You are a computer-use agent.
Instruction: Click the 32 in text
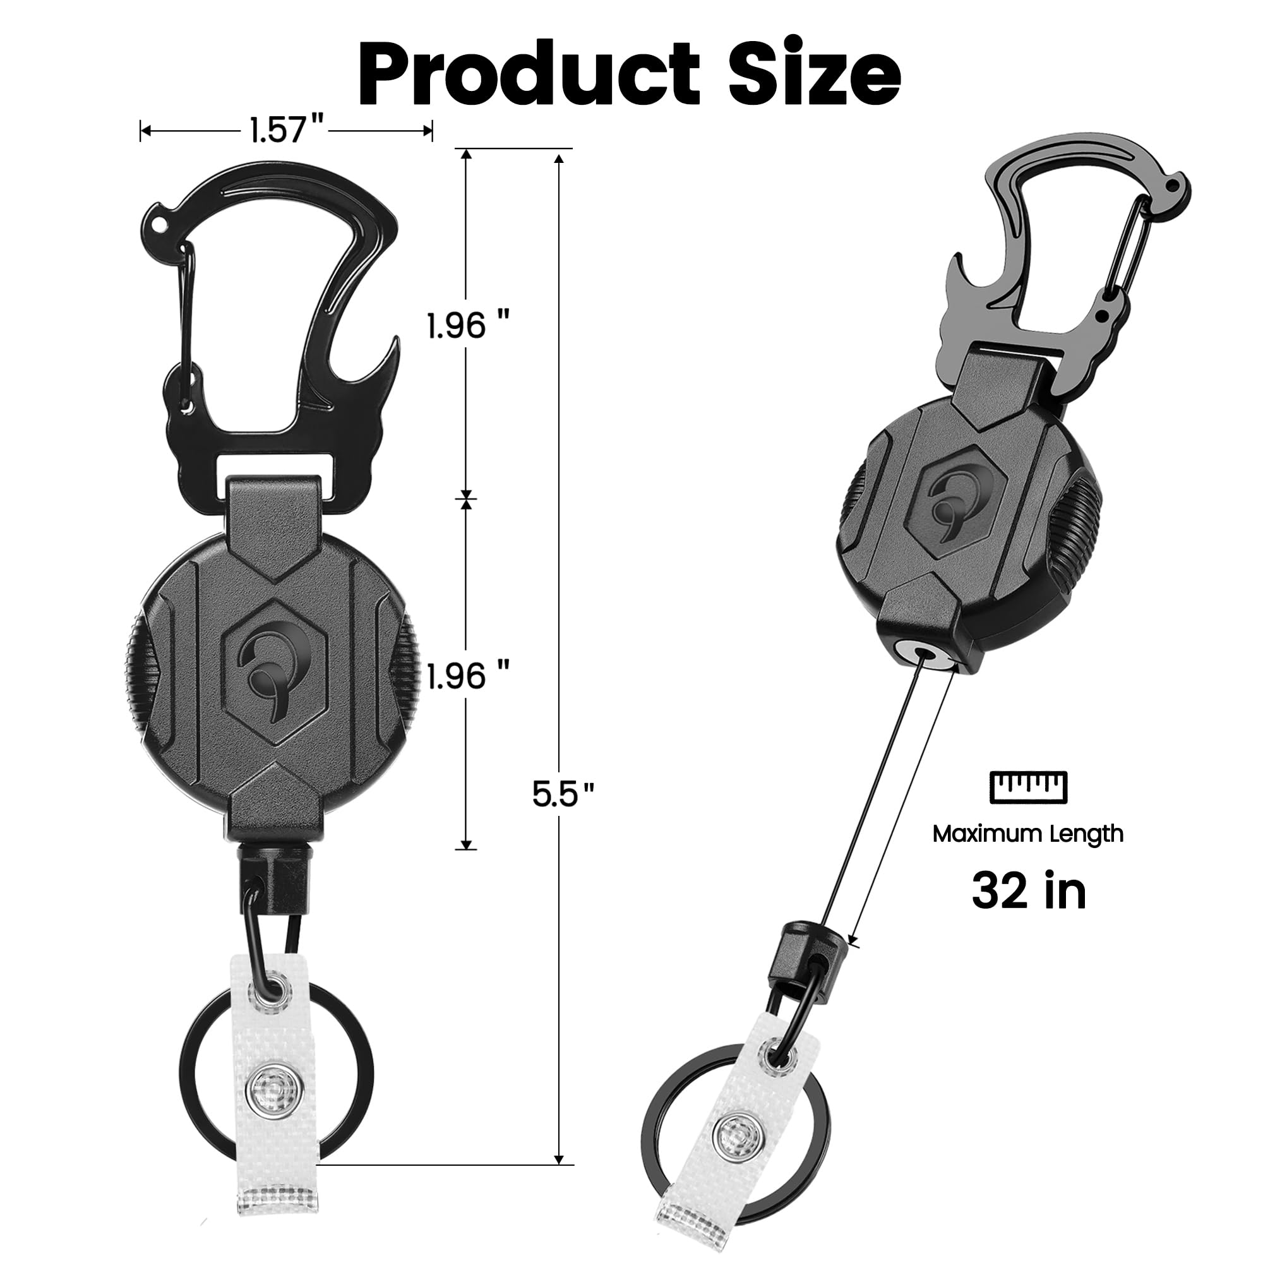pos(1028,890)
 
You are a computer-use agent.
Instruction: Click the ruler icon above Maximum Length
pos(1028,786)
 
